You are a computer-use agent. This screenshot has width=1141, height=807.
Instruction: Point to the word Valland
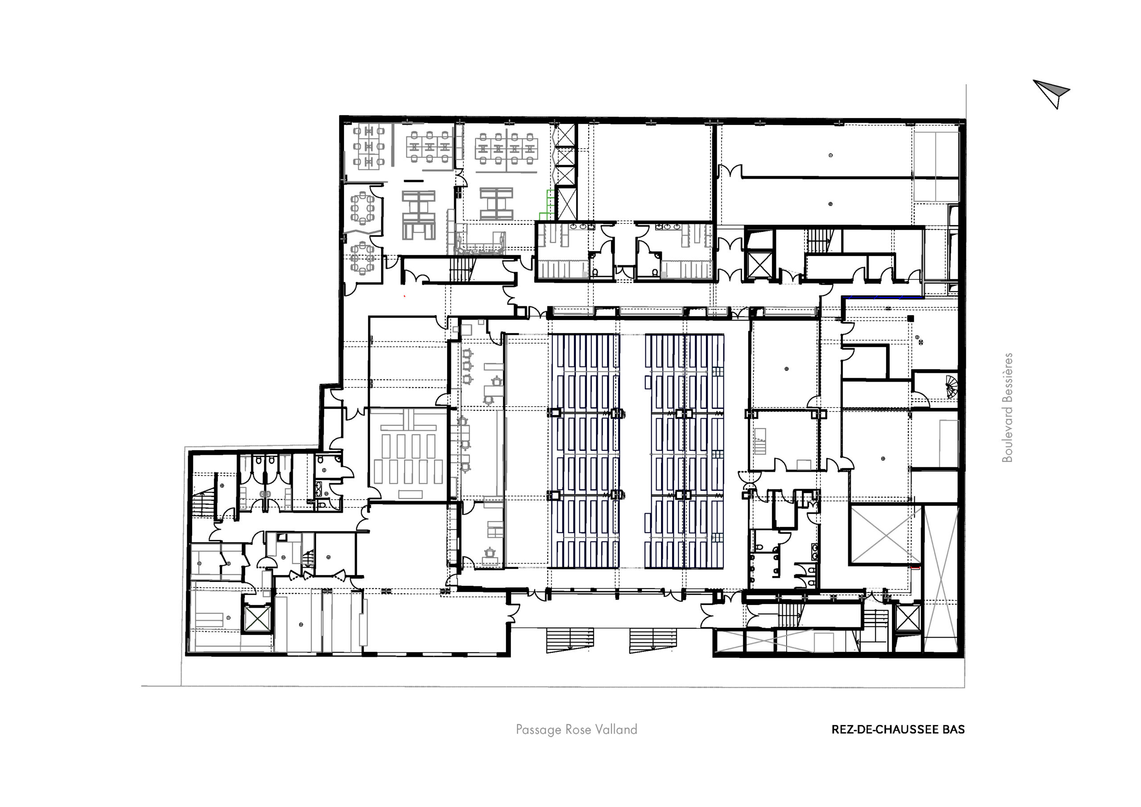616,729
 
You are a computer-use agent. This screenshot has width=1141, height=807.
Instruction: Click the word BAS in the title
954,729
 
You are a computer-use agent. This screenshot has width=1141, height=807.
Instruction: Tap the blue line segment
885,297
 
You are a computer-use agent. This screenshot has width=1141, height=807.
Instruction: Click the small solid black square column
911,318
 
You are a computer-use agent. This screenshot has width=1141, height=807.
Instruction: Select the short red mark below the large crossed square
915,567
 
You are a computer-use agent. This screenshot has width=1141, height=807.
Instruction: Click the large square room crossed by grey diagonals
886,535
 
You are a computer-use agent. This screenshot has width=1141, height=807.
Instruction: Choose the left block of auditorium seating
584,451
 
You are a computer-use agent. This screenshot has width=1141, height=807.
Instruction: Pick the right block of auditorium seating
684,451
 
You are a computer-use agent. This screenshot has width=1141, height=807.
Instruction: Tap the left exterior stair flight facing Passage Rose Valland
570,640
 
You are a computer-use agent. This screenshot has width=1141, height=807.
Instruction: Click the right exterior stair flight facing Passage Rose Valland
653,640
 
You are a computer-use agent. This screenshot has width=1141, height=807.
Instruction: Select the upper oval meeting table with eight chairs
363,208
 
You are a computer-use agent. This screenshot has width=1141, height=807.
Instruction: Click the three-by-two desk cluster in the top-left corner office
368,147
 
